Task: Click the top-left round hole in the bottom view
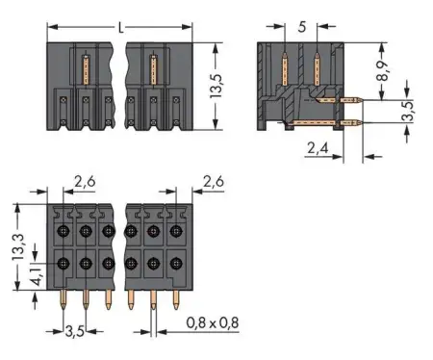point(64,231)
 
